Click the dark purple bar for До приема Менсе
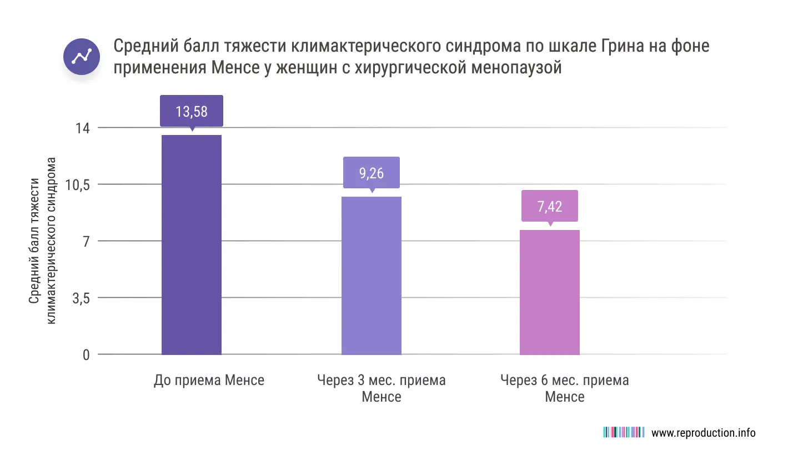191,244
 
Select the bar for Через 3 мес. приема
371,276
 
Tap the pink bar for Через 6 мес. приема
549,292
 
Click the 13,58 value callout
192,111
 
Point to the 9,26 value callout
371,173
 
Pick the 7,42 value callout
549,206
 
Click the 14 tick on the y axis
82,128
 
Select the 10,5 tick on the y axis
77,185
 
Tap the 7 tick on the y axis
86,242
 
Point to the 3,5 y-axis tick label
81,298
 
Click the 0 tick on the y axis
86,355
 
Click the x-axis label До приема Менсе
209,381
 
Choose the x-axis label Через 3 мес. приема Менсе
381,388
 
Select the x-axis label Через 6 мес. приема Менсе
564,388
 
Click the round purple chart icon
82,57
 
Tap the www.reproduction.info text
703,433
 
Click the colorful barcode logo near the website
623,432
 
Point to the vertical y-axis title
42,241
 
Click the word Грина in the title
624,46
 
